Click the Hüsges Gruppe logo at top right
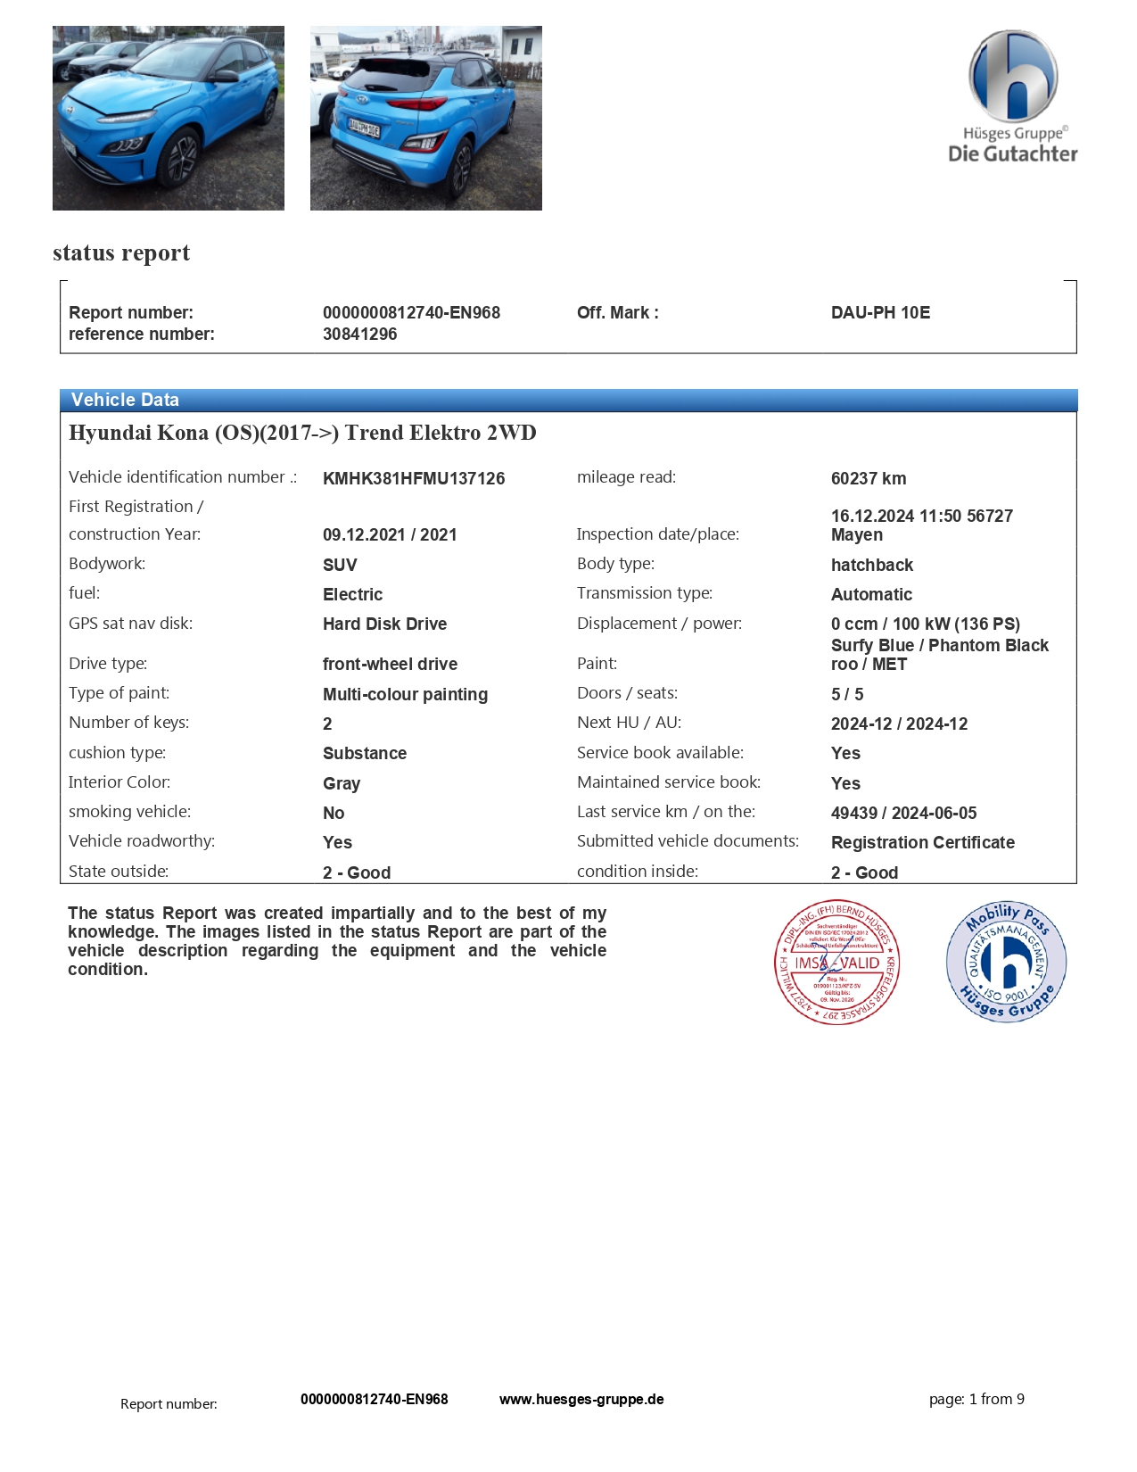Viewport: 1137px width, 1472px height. (x=1013, y=96)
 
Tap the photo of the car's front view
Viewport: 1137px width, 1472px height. (x=169, y=118)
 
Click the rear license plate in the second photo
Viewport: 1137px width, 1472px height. (x=364, y=128)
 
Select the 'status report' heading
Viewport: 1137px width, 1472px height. (x=121, y=252)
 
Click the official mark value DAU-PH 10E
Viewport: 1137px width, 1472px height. (x=880, y=312)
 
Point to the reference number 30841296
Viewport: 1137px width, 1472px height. (x=359, y=334)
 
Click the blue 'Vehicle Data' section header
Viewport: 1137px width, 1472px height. (x=125, y=400)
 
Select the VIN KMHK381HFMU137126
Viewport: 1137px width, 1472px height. (x=414, y=478)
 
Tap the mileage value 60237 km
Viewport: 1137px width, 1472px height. (x=869, y=478)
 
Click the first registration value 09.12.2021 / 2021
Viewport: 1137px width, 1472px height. (x=390, y=534)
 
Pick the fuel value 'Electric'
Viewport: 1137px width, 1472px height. (x=352, y=594)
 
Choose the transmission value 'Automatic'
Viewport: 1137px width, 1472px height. (x=871, y=594)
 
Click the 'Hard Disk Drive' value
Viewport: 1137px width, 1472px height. (x=384, y=624)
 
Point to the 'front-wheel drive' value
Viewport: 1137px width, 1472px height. (x=390, y=664)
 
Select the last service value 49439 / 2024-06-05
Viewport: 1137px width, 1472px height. (x=903, y=813)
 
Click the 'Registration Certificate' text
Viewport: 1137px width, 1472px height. (x=922, y=842)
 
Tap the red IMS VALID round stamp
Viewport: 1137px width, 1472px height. (x=836, y=962)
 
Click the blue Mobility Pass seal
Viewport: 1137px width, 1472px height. (x=1006, y=962)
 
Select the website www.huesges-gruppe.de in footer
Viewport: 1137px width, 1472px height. (x=581, y=1399)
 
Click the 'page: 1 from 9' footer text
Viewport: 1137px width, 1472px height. (x=976, y=1399)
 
